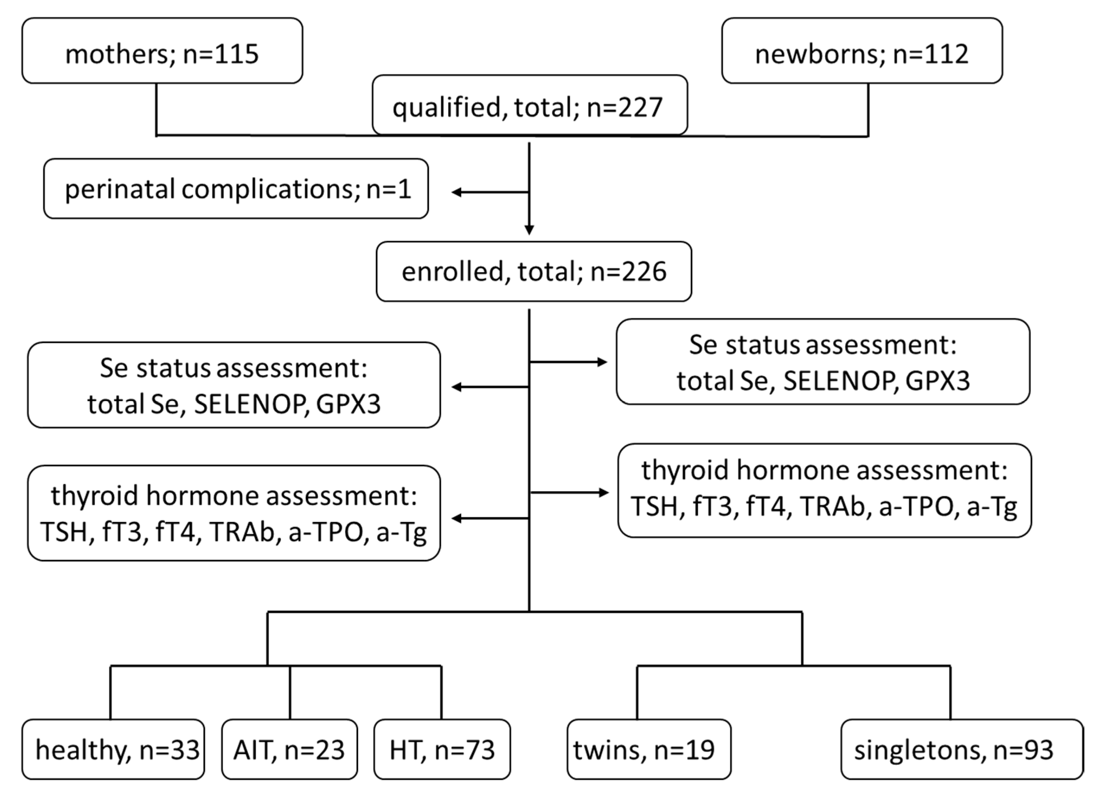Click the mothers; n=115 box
pos(162,51)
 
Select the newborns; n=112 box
pos(861,51)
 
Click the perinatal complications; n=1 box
pos(236,189)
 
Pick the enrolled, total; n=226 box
pos(533,272)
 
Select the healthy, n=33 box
pos(113,750)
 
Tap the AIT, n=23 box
pos(289,750)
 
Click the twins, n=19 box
pos(649,750)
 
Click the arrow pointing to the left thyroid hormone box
pos(457,518)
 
